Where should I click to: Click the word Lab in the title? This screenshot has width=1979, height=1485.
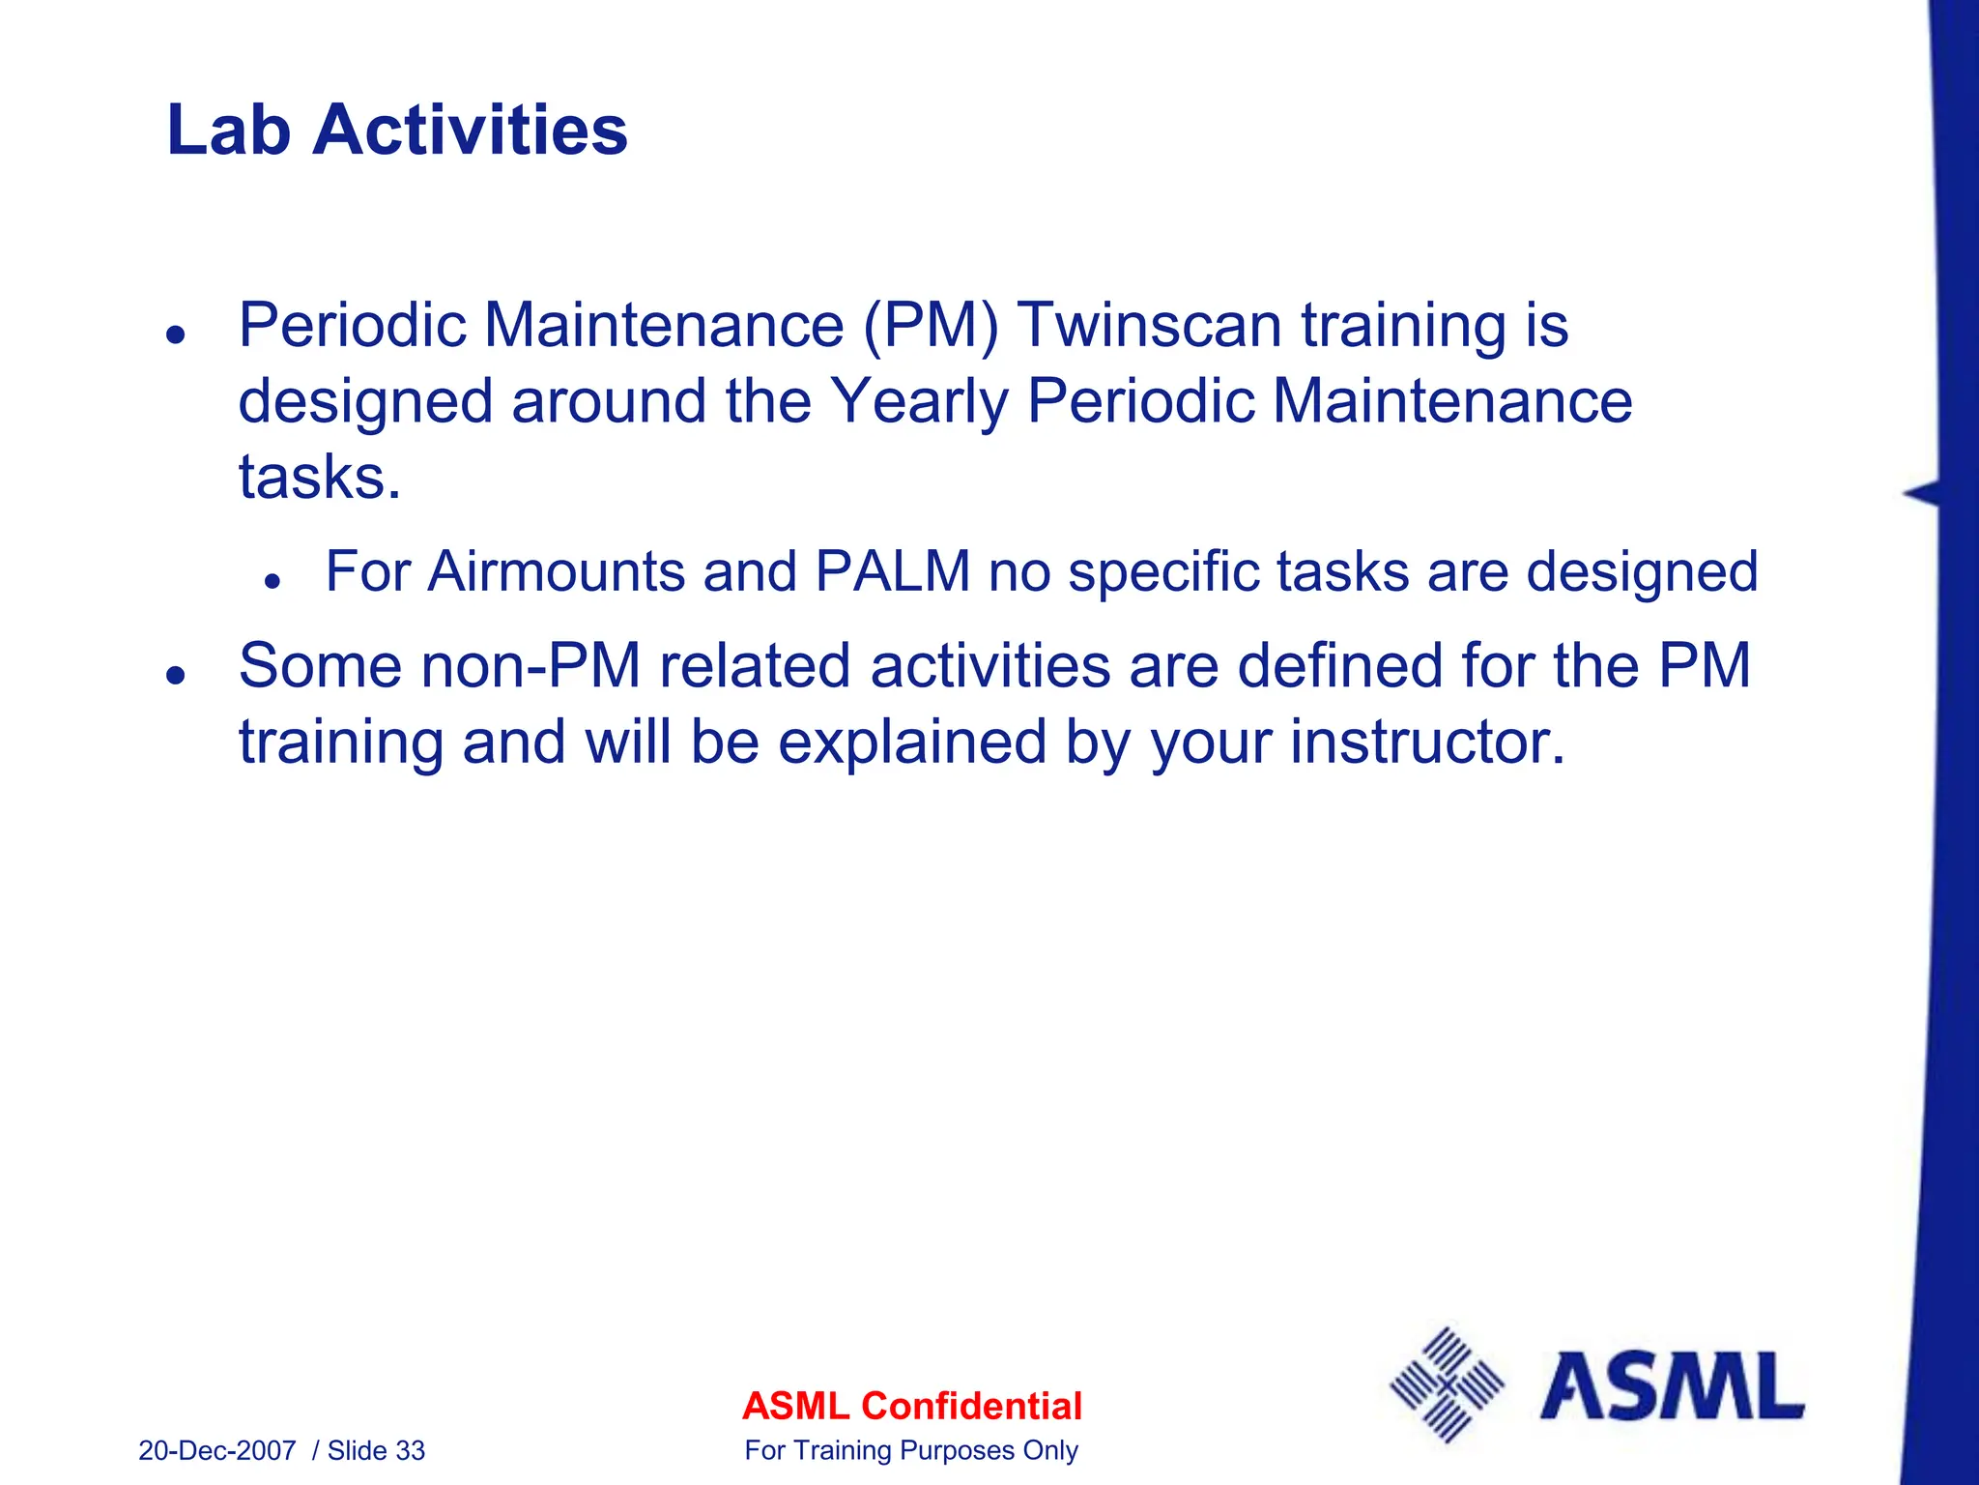[x=228, y=131]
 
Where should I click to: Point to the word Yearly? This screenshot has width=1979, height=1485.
[x=918, y=401]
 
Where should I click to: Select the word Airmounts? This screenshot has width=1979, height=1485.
[x=556, y=571]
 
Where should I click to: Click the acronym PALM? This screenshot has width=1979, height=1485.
[x=892, y=571]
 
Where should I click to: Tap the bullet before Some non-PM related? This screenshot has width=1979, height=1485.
[x=175, y=675]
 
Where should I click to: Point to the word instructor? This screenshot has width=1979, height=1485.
[x=1427, y=742]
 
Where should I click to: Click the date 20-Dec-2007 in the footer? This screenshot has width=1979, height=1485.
[x=217, y=1451]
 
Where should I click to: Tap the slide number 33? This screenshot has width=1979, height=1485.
[x=411, y=1451]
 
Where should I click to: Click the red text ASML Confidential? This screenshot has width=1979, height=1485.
[x=911, y=1406]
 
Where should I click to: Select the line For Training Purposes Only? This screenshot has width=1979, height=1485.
[x=911, y=1451]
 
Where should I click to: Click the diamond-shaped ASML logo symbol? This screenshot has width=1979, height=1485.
[x=1447, y=1385]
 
